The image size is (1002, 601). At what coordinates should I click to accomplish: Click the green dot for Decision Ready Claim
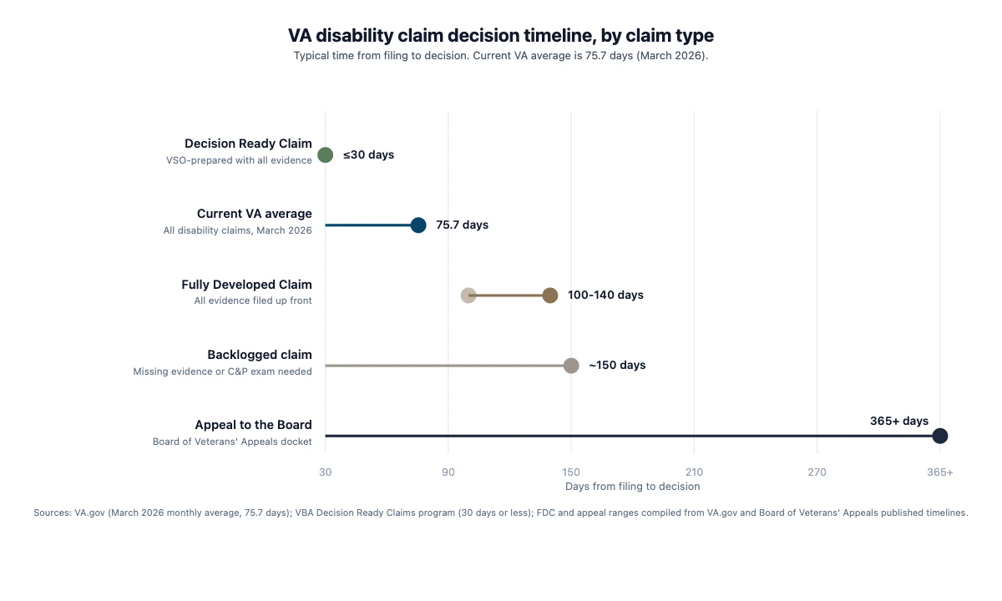(x=326, y=155)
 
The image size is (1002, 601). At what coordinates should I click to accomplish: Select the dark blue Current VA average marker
(x=418, y=225)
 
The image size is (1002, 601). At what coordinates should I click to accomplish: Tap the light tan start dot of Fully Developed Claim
(x=468, y=295)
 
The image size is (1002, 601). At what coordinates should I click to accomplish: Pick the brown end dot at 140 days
(x=550, y=295)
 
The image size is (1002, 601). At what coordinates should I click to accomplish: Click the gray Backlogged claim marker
(x=571, y=366)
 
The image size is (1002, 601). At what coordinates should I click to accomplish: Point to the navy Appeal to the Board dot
(x=940, y=436)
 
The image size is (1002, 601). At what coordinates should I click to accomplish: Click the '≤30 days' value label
(x=368, y=155)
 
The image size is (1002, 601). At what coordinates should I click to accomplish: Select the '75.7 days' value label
(x=462, y=225)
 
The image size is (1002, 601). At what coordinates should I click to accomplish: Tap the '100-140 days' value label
(x=605, y=295)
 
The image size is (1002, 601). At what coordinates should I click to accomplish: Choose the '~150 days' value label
(x=617, y=366)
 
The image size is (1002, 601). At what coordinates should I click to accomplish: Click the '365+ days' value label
(x=898, y=422)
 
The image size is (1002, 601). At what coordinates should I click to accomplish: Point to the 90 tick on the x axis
(x=448, y=472)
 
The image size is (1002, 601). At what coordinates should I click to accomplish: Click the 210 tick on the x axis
(x=694, y=472)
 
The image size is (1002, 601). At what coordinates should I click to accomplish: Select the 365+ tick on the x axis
(x=939, y=472)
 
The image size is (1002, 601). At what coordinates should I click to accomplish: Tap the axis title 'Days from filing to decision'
(x=632, y=487)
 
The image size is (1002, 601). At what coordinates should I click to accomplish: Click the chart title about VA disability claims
(x=501, y=36)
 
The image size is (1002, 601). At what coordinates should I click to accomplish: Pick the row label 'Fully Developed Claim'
(x=246, y=285)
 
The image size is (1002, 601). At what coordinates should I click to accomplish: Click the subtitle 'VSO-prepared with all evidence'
(x=239, y=160)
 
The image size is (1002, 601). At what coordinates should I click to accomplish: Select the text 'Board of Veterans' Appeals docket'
(x=232, y=442)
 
